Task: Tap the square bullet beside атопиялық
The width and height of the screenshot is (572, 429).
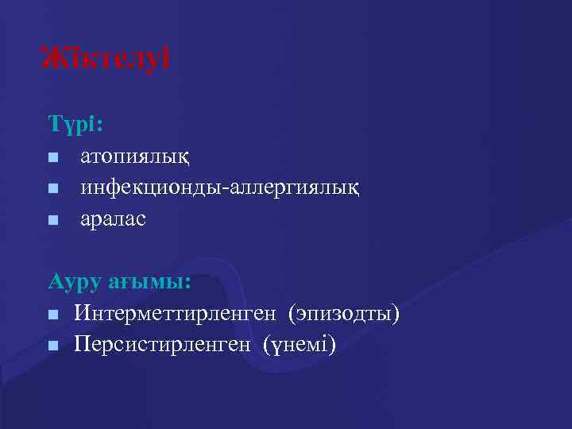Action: (x=52, y=157)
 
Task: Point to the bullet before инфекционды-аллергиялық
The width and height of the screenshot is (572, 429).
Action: (x=52, y=188)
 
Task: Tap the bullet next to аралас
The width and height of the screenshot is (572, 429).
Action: (x=52, y=219)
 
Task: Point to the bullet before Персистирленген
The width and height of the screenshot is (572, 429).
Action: (x=52, y=345)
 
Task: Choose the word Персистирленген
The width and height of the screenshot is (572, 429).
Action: (x=164, y=345)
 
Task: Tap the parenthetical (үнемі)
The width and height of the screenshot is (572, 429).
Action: (x=297, y=345)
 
